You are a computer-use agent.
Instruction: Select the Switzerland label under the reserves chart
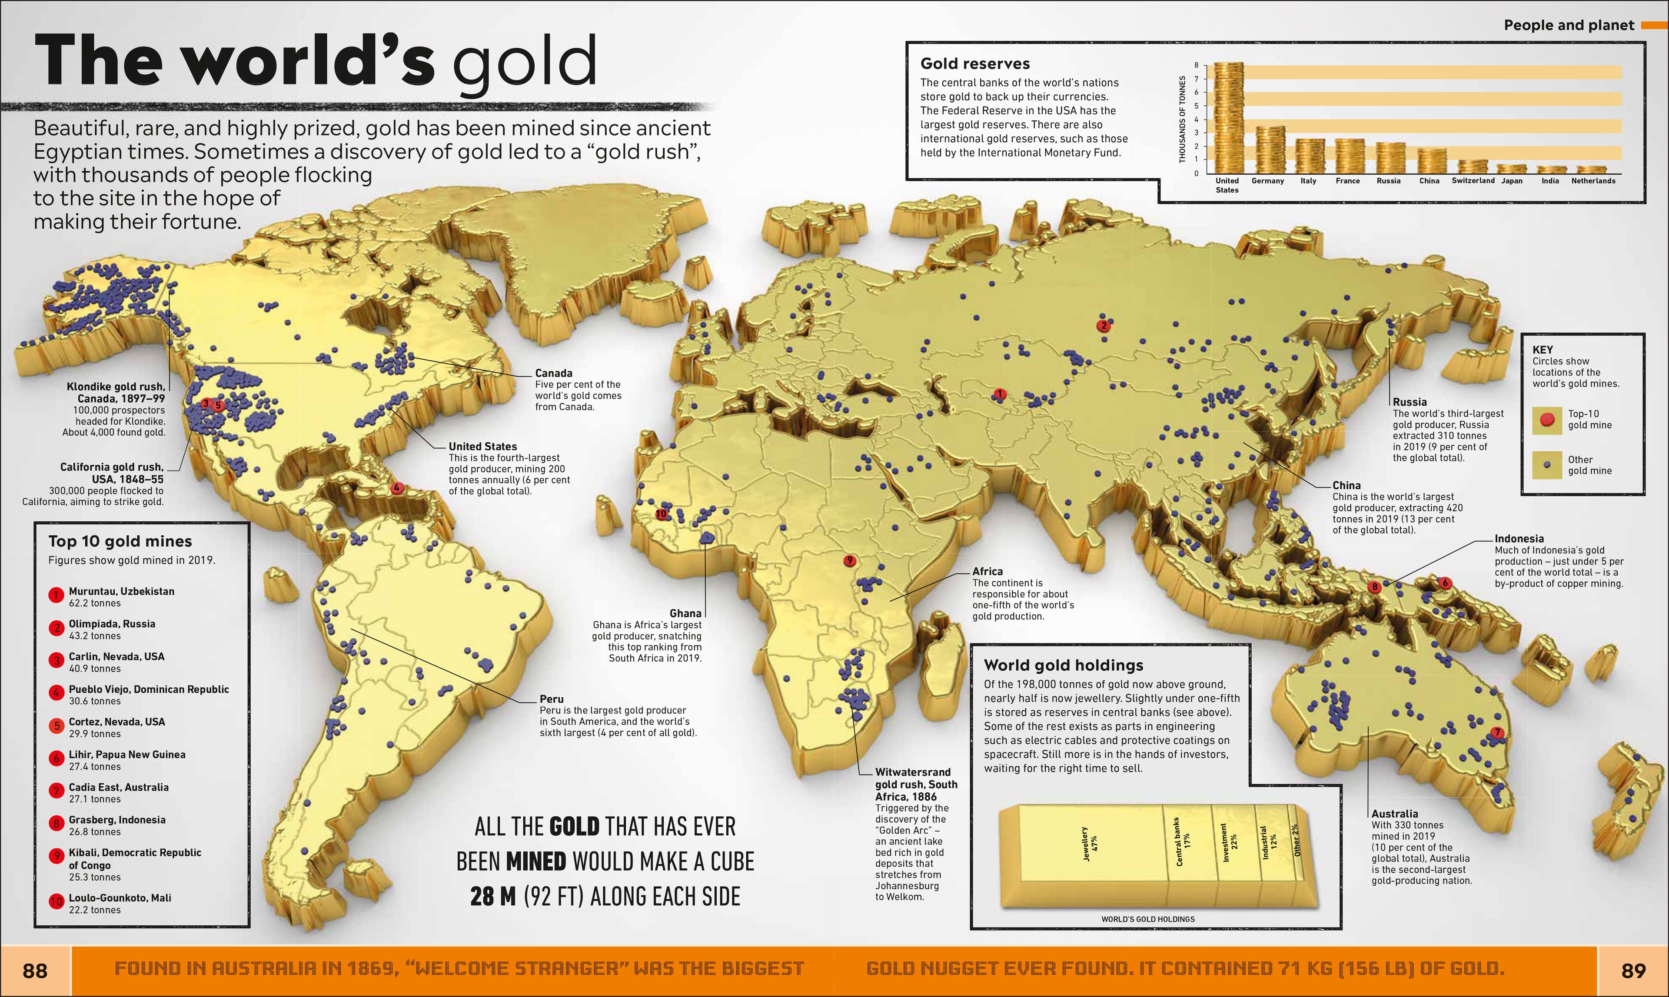point(1473,181)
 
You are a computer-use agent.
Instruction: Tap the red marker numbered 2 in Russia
point(1103,326)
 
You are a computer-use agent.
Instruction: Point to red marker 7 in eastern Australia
point(1497,732)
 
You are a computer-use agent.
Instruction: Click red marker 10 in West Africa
point(661,514)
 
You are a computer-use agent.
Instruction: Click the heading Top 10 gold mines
point(120,541)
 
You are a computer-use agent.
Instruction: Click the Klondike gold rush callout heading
point(116,392)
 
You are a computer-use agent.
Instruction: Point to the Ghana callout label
point(685,613)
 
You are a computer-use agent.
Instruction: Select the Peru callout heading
point(551,699)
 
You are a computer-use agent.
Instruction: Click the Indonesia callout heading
point(1519,539)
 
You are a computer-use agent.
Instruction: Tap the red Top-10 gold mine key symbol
point(1547,420)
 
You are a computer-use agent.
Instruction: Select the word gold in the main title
point(524,62)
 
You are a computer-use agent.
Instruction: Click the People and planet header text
point(1568,26)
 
